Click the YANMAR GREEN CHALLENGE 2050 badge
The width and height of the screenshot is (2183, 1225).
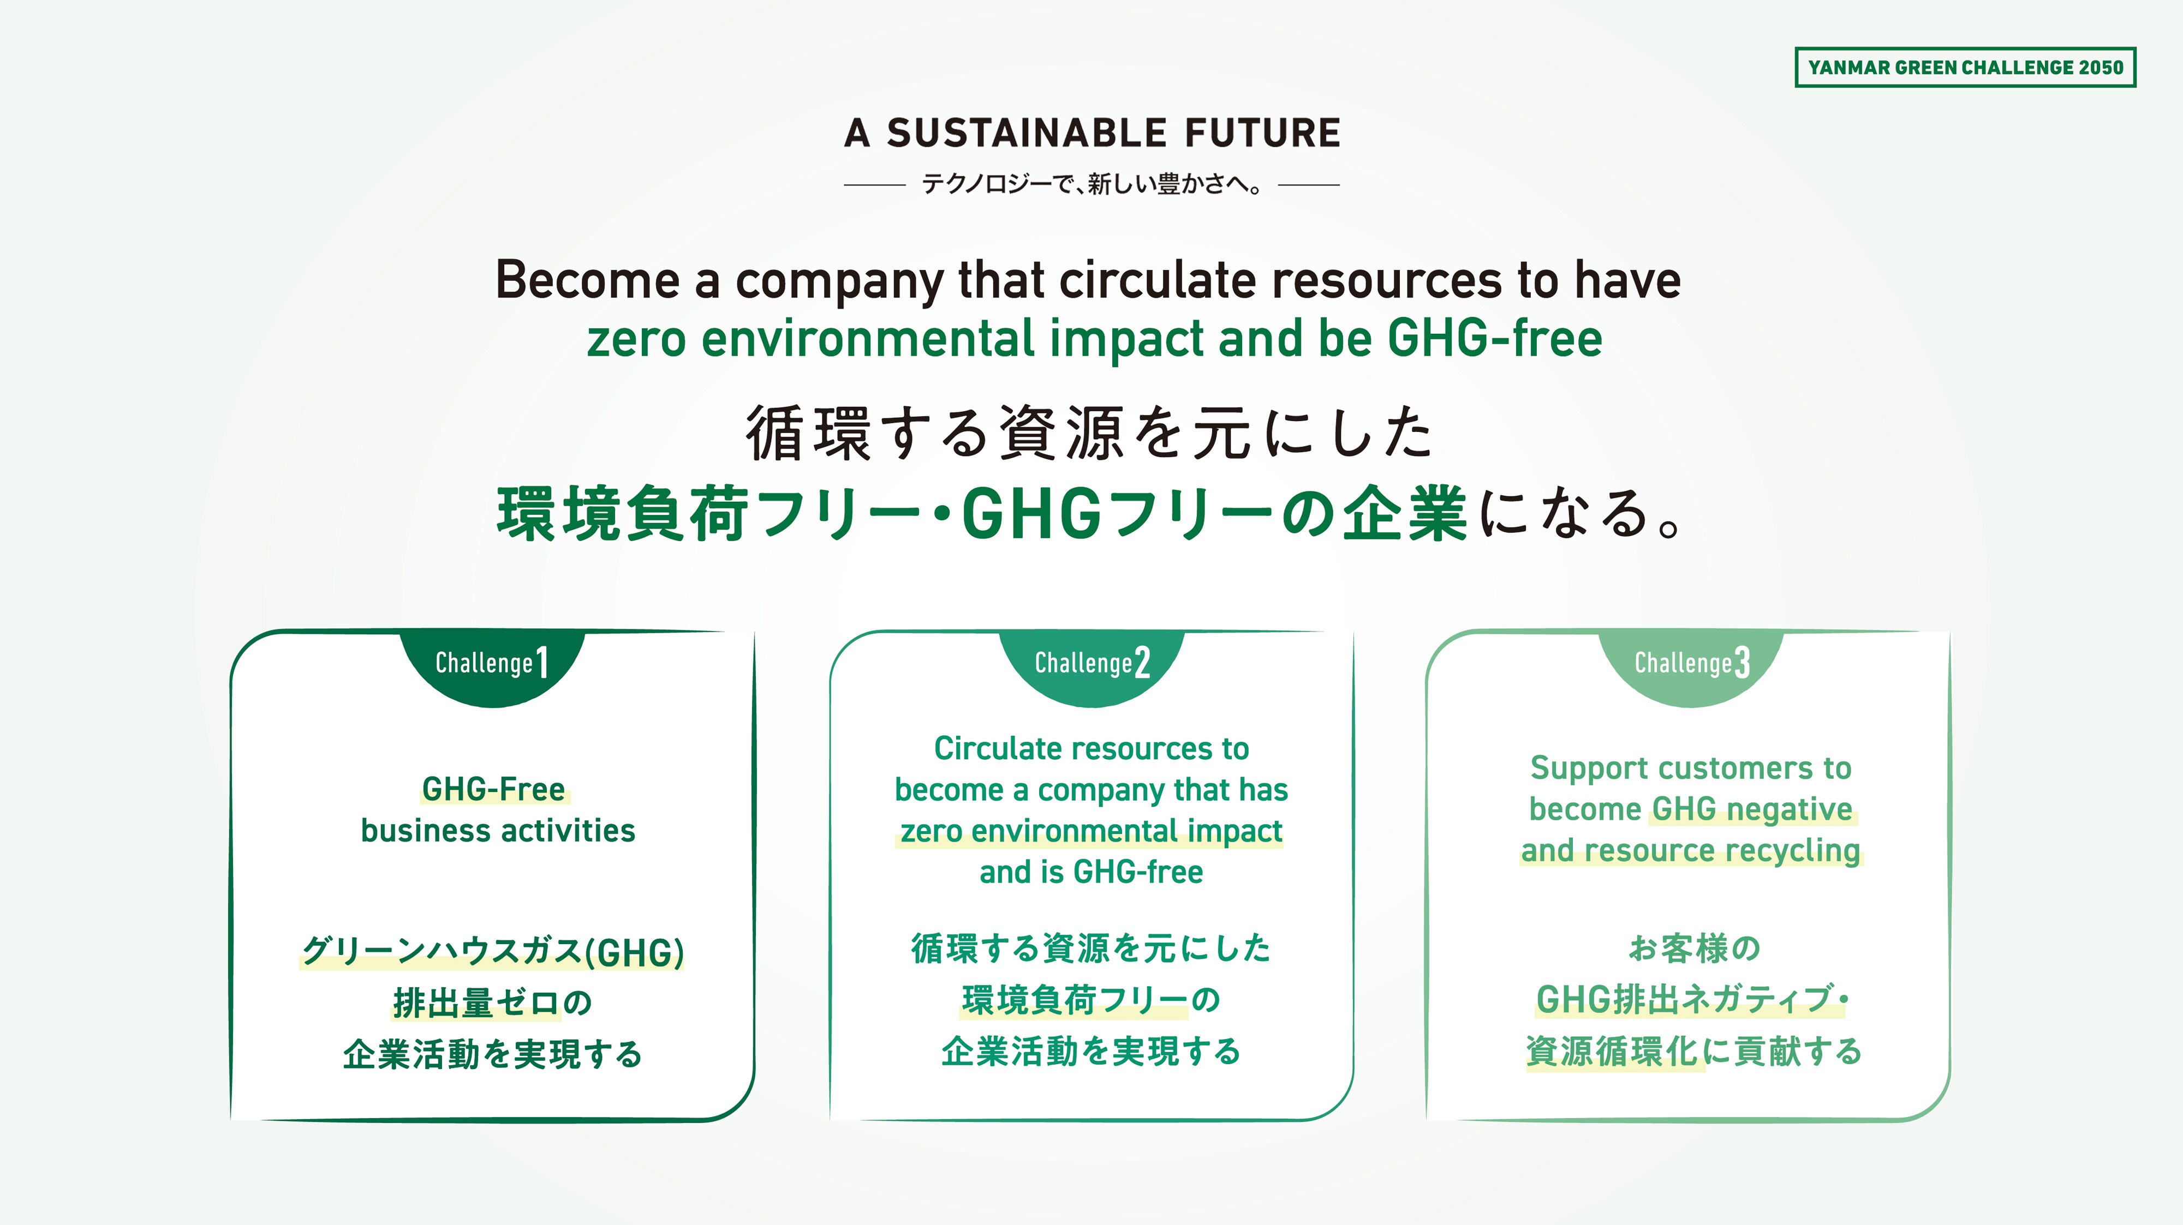[x=1965, y=67]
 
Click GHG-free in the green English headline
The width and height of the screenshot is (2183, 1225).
[x=1495, y=338]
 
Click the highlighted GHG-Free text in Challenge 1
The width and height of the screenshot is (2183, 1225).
[x=494, y=790]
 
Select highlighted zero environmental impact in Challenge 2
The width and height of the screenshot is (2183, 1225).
[x=1091, y=831]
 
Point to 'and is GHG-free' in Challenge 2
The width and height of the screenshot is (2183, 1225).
[x=1091, y=872]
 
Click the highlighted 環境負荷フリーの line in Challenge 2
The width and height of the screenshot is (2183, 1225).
[x=1091, y=1000]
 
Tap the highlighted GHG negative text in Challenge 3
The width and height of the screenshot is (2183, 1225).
[x=1752, y=810]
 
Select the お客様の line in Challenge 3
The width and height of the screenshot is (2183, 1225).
[x=1694, y=948]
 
